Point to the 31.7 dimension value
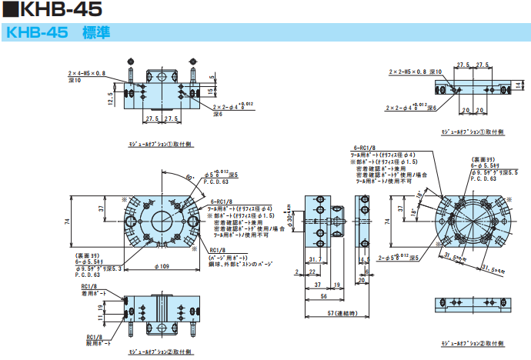313,258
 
